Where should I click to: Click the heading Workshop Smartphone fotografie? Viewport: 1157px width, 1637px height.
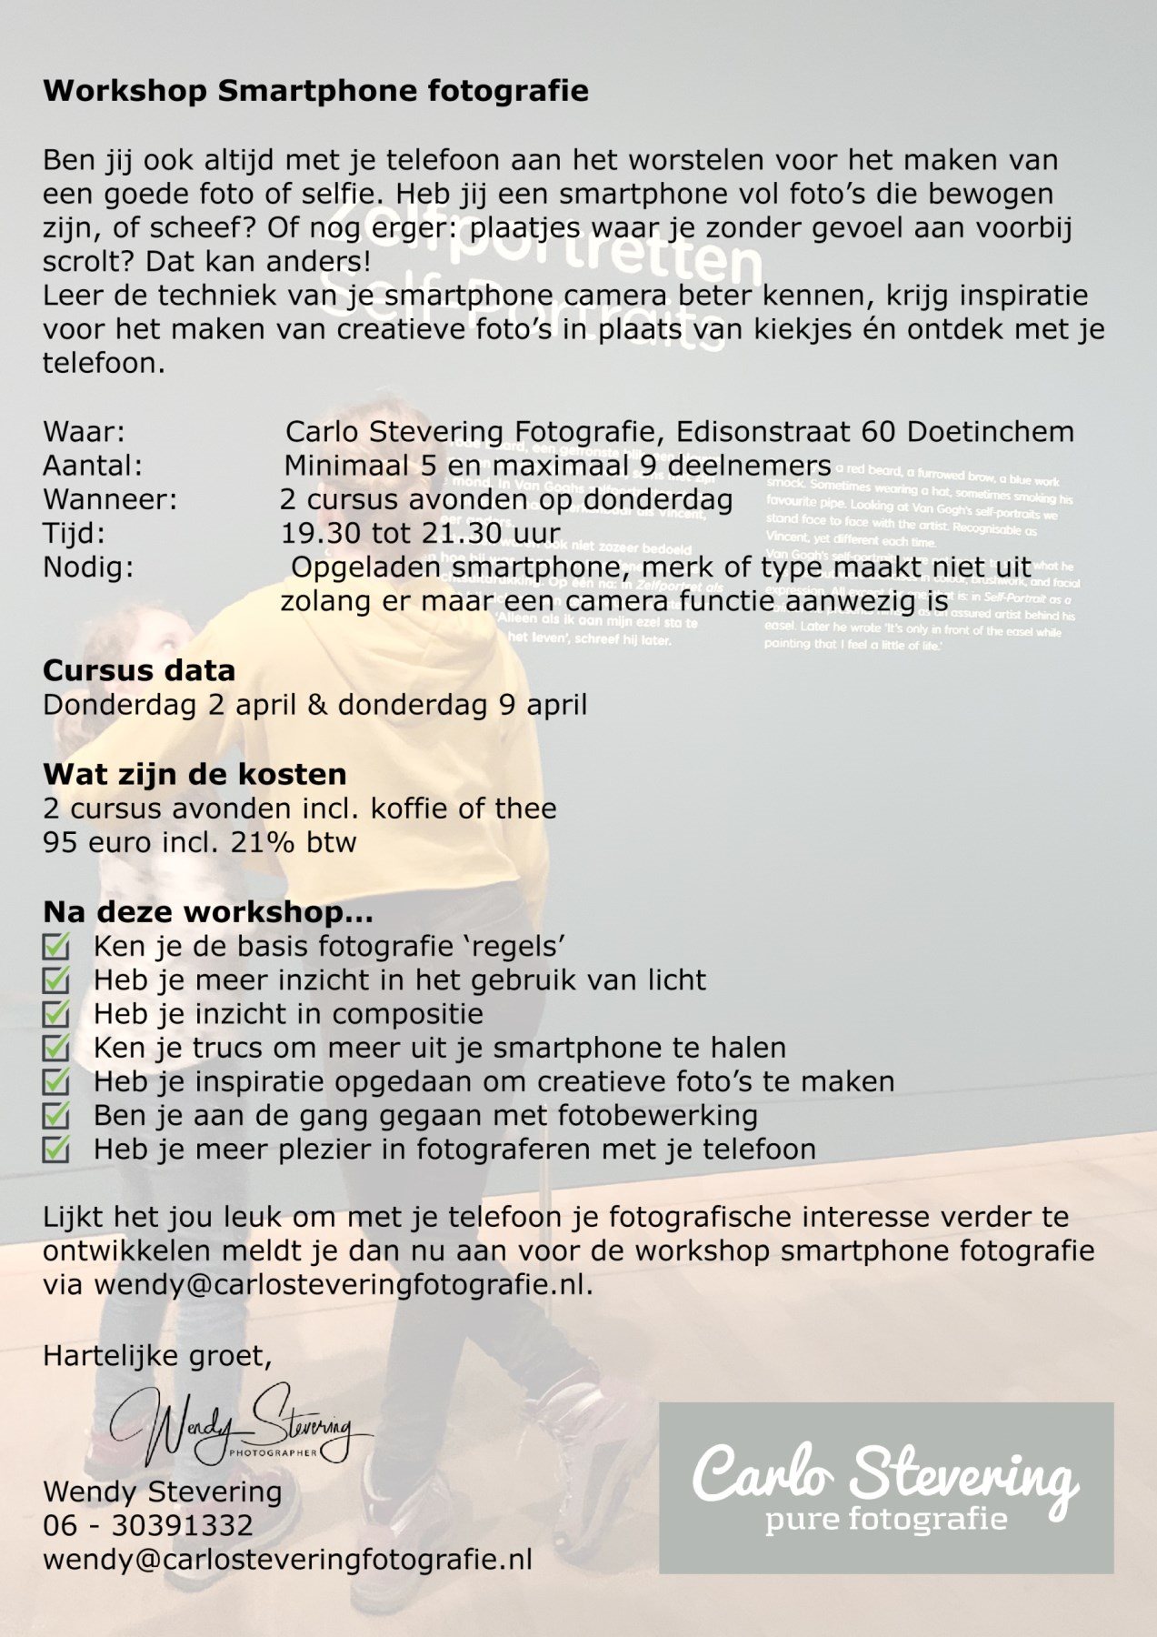pyautogui.click(x=315, y=91)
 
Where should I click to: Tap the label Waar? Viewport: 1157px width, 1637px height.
pyautogui.click(x=84, y=431)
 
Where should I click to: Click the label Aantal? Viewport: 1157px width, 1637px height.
pyautogui.click(x=93, y=466)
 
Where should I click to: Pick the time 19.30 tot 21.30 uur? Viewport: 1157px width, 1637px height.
pyautogui.click(x=420, y=533)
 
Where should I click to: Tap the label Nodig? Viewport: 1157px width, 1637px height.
pyautogui.click(x=88, y=567)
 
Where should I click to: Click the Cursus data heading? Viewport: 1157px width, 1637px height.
pyautogui.click(x=139, y=670)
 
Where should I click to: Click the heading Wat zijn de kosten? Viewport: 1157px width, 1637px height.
pyautogui.click(x=194, y=774)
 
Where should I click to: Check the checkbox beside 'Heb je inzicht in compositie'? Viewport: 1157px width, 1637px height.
pyautogui.click(x=56, y=1014)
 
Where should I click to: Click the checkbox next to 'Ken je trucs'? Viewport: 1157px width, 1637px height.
pyautogui.click(x=56, y=1049)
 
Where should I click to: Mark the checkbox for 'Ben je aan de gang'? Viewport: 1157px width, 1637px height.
pyautogui.click(x=56, y=1116)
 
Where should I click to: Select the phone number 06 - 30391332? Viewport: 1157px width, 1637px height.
pyautogui.click(x=148, y=1525)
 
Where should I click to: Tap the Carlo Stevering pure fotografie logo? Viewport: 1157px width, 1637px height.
pyautogui.click(x=885, y=1488)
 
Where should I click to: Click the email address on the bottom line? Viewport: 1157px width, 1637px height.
pyautogui.click(x=287, y=1560)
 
